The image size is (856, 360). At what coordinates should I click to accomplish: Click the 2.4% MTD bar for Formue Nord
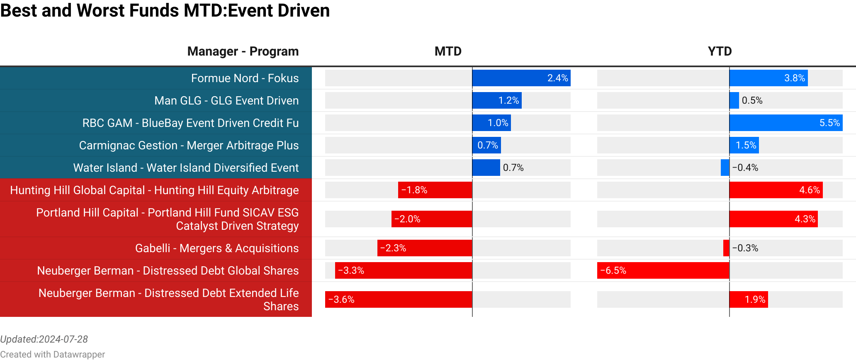(521, 78)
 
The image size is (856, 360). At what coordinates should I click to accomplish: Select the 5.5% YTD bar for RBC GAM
(786, 123)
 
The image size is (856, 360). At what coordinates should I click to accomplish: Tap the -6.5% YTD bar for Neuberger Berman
(663, 270)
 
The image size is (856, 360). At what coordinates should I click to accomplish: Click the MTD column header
(448, 51)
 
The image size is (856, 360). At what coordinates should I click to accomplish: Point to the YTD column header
(720, 51)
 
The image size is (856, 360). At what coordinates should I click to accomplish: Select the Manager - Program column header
(243, 51)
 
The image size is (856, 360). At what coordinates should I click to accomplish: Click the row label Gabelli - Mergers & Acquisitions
(216, 248)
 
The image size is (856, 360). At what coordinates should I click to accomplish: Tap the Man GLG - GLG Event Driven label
(226, 100)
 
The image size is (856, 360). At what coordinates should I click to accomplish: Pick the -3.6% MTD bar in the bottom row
(398, 299)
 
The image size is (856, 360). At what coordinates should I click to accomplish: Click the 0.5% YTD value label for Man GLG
(752, 100)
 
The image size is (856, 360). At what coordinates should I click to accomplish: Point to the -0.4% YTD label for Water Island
(745, 168)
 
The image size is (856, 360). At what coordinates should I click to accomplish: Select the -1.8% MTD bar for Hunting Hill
(435, 190)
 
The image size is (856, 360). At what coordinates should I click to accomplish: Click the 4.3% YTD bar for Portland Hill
(773, 219)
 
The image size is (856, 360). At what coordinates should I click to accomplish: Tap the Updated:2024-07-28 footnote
(44, 339)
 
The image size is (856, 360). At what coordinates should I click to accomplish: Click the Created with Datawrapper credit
(52, 354)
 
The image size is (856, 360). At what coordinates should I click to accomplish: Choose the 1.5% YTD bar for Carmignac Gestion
(744, 145)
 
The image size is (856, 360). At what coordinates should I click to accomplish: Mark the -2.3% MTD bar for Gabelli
(424, 248)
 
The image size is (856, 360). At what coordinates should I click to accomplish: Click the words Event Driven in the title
(279, 10)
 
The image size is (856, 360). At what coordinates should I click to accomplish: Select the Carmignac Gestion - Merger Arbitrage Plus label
(189, 145)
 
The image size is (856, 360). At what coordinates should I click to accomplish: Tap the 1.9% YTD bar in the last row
(749, 299)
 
